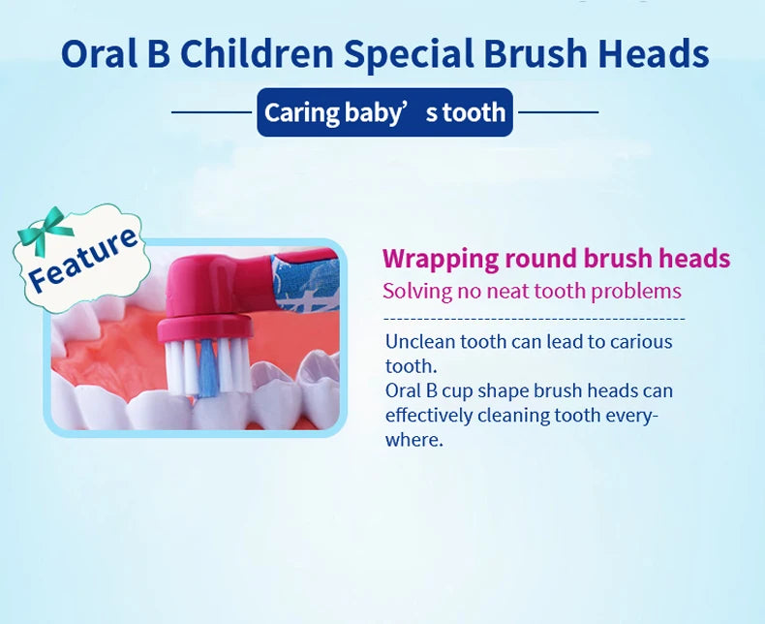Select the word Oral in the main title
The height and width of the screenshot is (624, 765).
click(x=97, y=54)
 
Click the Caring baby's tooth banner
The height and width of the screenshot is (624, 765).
click(x=384, y=112)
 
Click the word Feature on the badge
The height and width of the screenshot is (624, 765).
click(x=82, y=260)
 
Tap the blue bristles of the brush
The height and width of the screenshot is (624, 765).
click(x=208, y=369)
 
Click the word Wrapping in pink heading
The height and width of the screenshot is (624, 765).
click(x=439, y=259)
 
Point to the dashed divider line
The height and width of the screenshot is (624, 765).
click(x=534, y=318)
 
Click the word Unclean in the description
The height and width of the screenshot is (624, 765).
click(x=420, y=341)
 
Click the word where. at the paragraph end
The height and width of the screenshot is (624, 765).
click(x=413, y=440)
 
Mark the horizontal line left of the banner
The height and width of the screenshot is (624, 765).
click(x=212, y=112)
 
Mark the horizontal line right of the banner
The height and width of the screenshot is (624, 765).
click(x=558, y=112)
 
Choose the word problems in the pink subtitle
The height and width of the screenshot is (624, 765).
click(x=636, y=292)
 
